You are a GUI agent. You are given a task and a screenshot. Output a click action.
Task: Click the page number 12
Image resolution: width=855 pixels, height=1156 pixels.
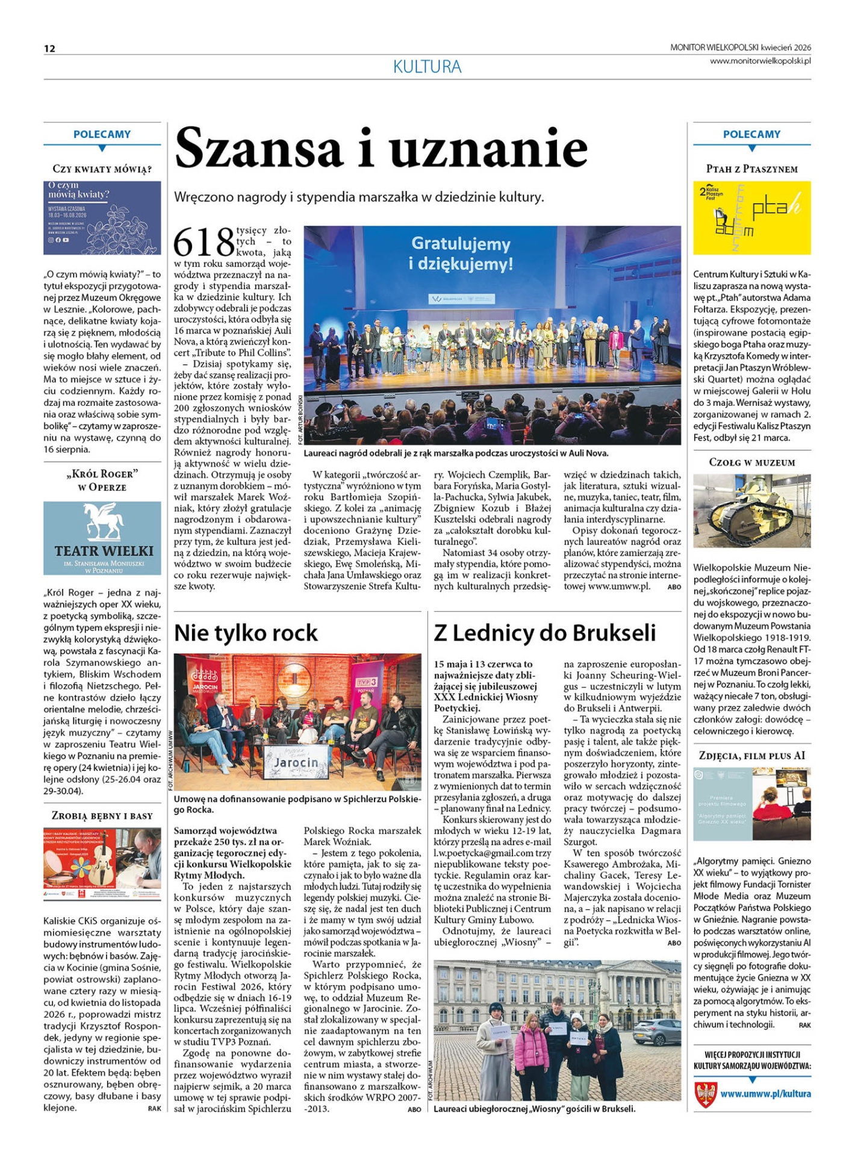pos(49,49)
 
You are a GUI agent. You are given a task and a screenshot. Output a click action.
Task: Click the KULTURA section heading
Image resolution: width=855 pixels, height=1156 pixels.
pos(427,67)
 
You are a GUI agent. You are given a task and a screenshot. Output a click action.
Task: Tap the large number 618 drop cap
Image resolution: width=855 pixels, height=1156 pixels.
pos(204,242)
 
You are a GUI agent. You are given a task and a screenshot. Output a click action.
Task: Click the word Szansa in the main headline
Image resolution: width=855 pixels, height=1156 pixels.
pos(258,149)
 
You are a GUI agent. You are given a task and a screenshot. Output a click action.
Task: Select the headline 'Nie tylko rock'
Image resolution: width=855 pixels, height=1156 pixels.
pos(246,633)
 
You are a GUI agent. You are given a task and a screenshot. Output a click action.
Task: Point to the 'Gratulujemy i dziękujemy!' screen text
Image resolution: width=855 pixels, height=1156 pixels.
pos(461,253)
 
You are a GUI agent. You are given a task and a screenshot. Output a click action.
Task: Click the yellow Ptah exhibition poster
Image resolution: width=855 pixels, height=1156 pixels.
pos(751,217)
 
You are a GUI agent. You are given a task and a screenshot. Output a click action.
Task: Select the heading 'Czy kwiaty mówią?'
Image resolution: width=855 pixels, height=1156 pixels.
pos(102,169)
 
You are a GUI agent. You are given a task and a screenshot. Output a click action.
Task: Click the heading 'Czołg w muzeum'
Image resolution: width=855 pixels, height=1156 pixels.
pos(751,462)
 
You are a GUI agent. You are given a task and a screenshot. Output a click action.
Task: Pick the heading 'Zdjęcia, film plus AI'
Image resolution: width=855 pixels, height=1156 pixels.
pos(751,756)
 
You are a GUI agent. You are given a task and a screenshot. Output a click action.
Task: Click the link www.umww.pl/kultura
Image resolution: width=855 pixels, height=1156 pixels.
pos(765,1093)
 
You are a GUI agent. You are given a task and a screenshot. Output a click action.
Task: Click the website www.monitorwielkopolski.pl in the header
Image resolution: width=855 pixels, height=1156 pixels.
pos(760,61)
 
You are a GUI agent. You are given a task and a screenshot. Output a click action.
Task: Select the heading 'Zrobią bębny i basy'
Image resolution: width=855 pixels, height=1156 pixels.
pos(102,816)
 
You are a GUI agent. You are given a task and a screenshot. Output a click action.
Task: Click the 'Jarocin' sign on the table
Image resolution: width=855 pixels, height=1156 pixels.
pos(296,763)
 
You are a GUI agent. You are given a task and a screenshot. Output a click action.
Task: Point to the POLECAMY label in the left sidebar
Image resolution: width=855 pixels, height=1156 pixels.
pos(102,134)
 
